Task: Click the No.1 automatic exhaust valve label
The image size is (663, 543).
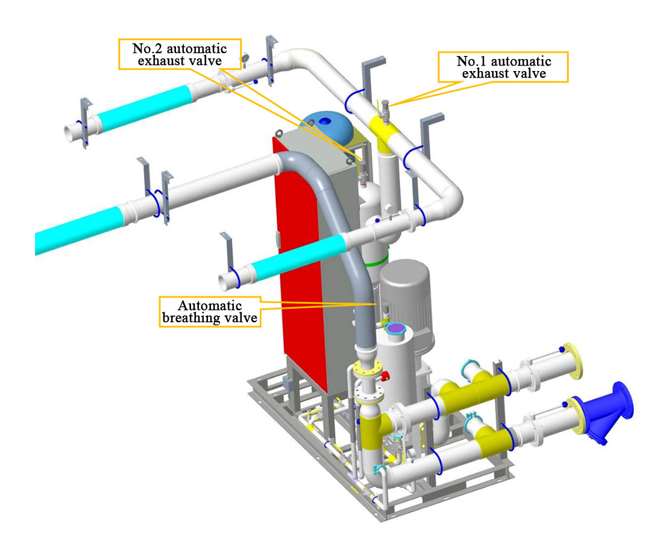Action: (503, 67)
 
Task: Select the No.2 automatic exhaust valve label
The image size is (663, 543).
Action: (180, 54)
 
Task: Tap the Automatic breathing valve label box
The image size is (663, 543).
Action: (210, 312)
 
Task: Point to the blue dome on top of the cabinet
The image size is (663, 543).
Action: (326, 125)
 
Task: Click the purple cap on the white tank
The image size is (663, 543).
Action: (396, 328)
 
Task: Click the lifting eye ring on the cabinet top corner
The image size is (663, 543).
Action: (278, 134)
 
